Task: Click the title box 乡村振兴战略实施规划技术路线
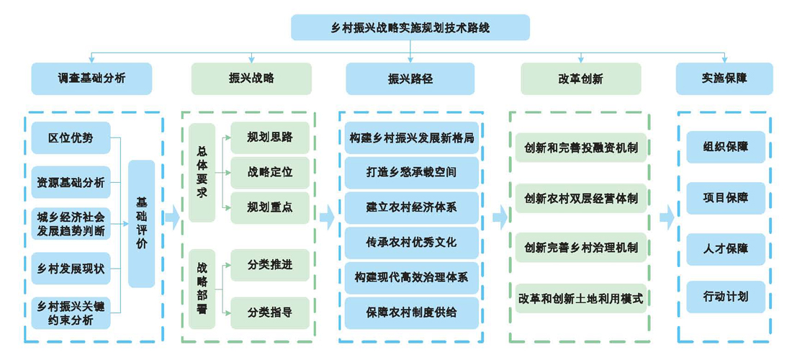coord(410,27)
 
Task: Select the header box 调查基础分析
coord(91,78)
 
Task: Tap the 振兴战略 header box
coord(251,78)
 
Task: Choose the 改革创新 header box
coord(580,78)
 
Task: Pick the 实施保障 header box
coord(724,78)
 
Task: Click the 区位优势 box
coord(71,138)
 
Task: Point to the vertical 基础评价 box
coord(141,224)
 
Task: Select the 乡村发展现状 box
coord(71,269)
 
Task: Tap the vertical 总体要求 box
coord(202,173)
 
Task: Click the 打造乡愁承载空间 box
coord(411,173)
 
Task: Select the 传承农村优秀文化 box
coord(411,243)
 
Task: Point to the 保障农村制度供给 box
coord(411,312)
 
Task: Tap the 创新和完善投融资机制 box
coord(580,148)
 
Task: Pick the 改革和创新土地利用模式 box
coord(580,297)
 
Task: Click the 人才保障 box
coord(725,248)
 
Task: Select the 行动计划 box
coord(725,297)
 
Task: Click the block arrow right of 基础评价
coord(171,217)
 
